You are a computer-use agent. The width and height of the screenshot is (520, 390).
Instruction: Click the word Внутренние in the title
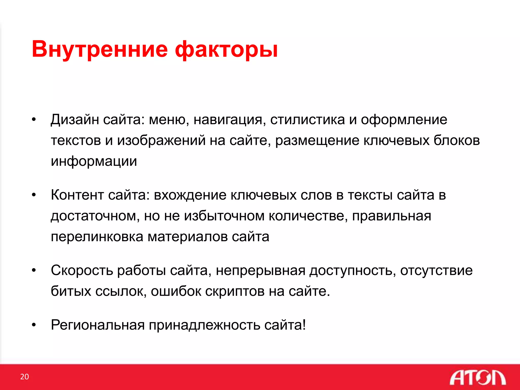pyautogui.click(x=100, y=49)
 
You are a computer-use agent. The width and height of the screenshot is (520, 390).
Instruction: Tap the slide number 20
pyautogui.click(x=25, y=377)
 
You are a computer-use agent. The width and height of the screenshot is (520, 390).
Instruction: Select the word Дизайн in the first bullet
pyautogui.click(x=75, y=120)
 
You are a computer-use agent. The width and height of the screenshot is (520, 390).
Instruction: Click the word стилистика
pyautogui.click(x=307, y=120)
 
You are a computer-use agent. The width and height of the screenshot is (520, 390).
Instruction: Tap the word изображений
pyautogui.click(x=161, y=141)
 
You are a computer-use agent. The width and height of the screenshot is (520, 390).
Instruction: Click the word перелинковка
pyautogui.click(x=97, y=237)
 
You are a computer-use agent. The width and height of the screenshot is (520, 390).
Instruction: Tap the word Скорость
pyautogui.click(x=82, y=270)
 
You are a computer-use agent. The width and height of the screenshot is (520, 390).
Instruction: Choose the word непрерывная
pyautogui.click(x=261, y=270)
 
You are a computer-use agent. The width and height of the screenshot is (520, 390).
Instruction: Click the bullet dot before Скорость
pyautogui.click(x=34, y=271)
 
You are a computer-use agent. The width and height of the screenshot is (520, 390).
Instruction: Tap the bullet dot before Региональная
pyautogui.click(x=34, y=325)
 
